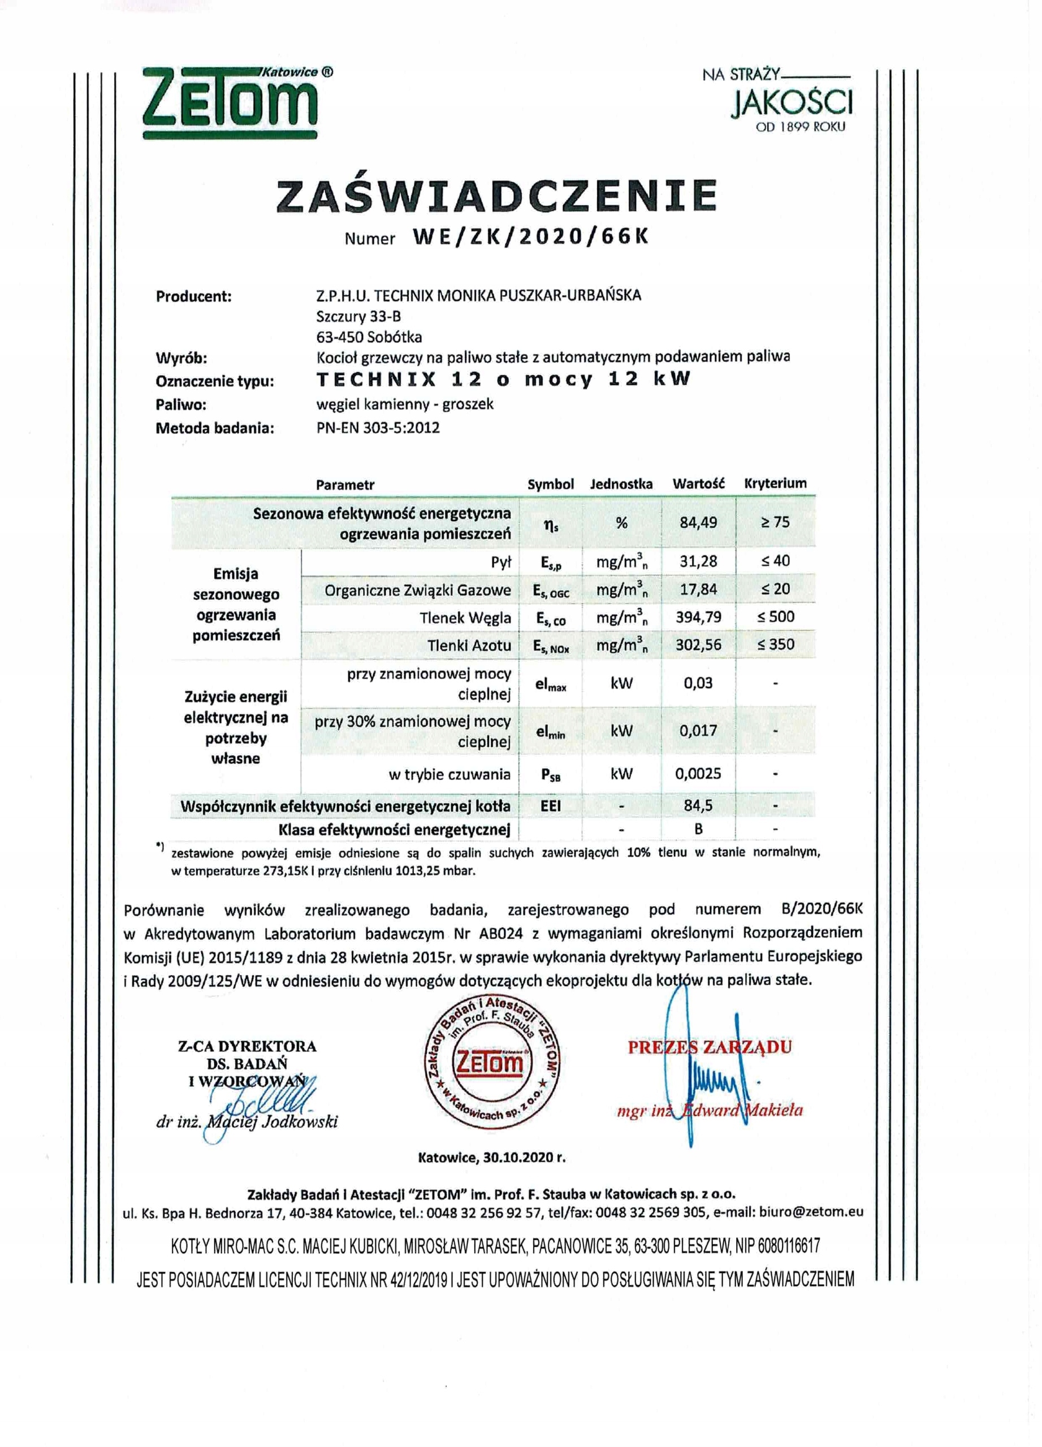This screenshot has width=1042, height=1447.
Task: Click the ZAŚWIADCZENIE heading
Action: pyautogui.click(x=497, y=195)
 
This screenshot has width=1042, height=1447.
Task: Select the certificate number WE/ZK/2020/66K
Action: pyautogui.click(x=530, y=237)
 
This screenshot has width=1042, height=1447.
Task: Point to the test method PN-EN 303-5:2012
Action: pyautogui.click(x=378, y=427)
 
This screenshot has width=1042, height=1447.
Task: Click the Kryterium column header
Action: pyautogui.click(x=775, y=484)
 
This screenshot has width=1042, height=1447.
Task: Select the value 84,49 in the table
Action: pyautogui.click(x=698, y=522)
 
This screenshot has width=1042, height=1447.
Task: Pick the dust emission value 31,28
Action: pyautogui.click(x=698, y=561)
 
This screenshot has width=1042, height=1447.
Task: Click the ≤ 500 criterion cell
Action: pyautogui.click(x=776, y=617)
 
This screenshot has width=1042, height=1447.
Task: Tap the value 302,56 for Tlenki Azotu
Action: pyautogui.click(x=698, y=645)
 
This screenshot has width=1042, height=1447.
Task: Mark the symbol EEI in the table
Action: pyautogui.click(x=550, y=806)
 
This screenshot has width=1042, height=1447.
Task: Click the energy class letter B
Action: pyautogui.click(x=698, y=829)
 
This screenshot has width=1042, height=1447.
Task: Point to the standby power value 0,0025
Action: pyautogui.click(x=698, y=774)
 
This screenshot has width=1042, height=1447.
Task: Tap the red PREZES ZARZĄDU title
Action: pyautogui.click(x=710, y=1047)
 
